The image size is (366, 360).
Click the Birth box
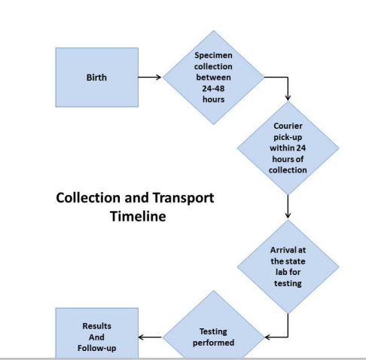(x=97, y=78)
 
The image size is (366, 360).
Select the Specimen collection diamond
(x=213, y=78)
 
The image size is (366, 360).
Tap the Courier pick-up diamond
(x=288, y=148)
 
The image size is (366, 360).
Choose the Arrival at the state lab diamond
(x=288, y=267)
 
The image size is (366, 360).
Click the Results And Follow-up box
(x=97, y=333)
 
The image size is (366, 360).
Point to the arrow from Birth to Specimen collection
(x=150, y=77)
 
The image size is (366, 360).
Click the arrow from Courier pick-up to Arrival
(x=288, y=206)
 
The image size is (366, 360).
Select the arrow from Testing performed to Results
(x=150, y=337)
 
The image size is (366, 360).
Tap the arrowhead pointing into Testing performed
(x=267, y=337)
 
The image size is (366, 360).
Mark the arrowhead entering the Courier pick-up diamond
(x=288, y=97)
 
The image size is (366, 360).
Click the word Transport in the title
(x=183, y=198)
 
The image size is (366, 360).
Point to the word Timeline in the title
(x=138, y=216)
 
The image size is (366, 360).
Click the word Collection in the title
(x=89, y=198)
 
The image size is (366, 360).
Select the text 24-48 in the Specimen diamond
(x=213, y=88)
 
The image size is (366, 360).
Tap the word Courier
(x=288, y=126)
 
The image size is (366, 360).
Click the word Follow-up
(x=97, y=348)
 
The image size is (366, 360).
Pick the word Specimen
(x=213, y=56)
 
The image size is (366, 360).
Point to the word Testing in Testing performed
(x=213, y=331)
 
